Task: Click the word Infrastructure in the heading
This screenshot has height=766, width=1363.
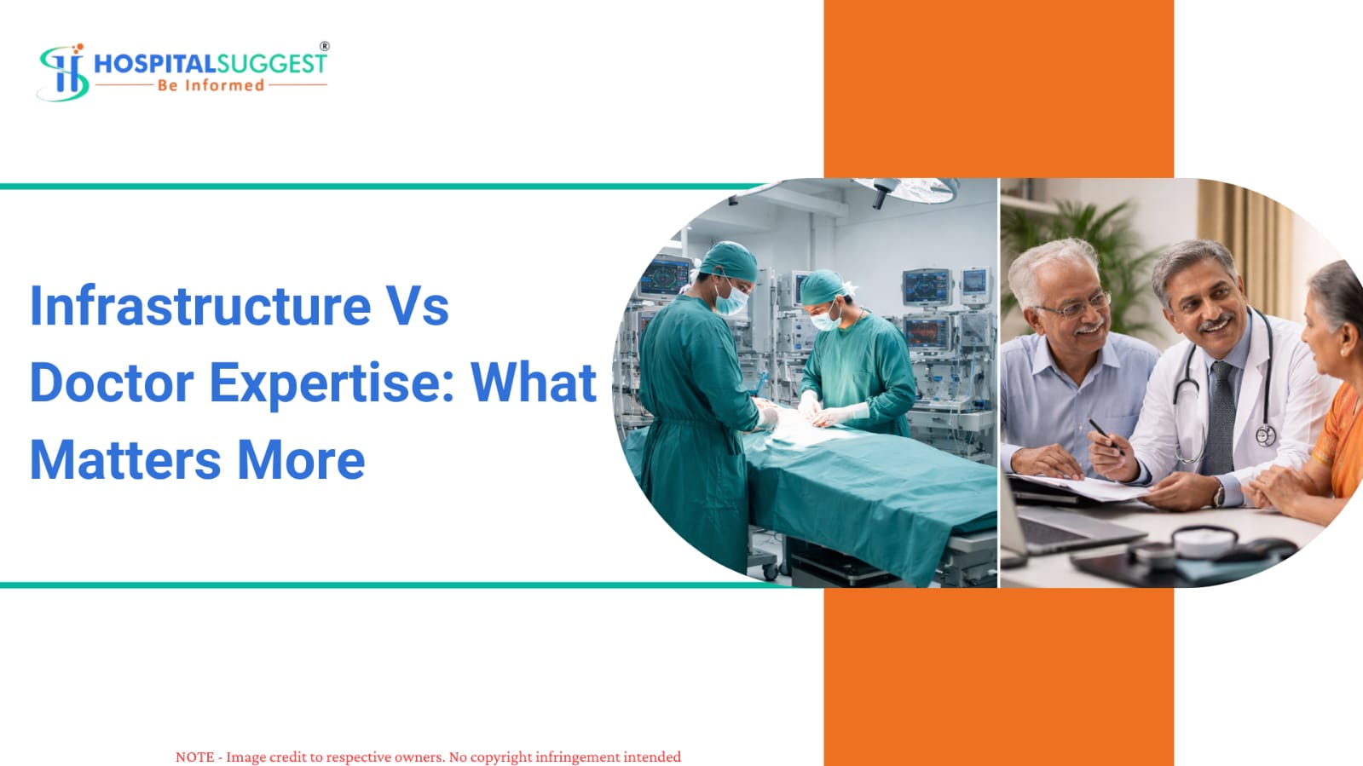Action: [x=200, y=305]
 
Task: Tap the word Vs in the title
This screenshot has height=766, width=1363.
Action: [x=418, y=305]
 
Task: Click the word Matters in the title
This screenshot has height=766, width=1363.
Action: [x=125, y=459]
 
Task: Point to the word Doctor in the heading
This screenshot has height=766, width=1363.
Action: [x=112, y=382]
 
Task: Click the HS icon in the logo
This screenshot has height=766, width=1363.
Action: [x=63, y=72]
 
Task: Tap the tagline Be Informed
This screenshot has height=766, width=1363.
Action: [x=211, y=85]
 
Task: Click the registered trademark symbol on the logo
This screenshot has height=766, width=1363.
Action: [x=325, y=46]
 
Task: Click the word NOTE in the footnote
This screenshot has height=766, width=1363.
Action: [x=194, y=757]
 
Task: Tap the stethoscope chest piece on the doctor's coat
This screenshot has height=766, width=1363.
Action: [x=1266, y=435]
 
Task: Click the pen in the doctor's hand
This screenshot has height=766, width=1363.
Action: [x=1106, y=436]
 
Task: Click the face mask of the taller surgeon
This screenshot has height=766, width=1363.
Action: [x=731, y=299]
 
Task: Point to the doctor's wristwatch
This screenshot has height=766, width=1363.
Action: [x=1220, y=495]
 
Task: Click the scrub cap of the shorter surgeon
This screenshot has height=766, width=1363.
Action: [x=823, y=287]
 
